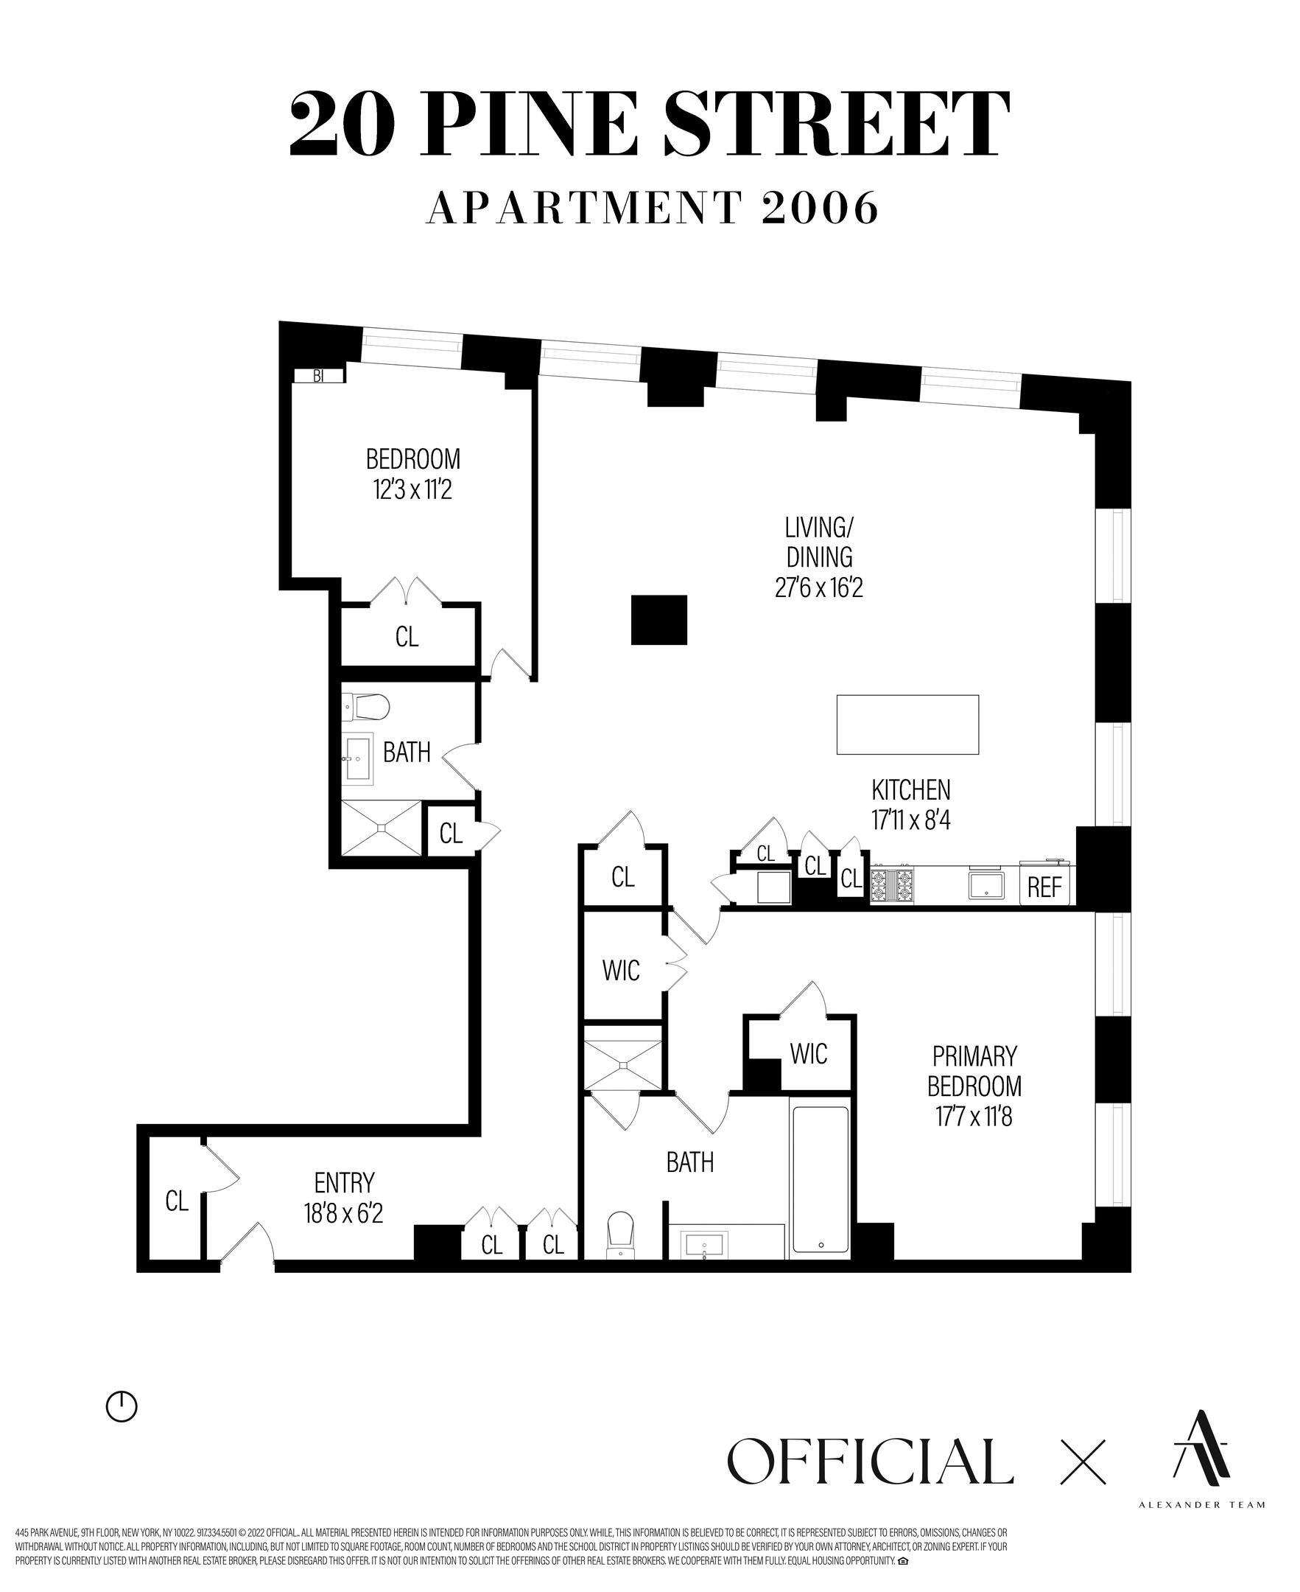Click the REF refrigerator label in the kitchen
coord(1044,887)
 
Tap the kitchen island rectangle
coord(907,725)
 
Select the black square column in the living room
coord(659,620)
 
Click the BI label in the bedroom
coord(318,376)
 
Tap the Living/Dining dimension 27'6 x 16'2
coord(819,588)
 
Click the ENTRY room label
coord(345,1182)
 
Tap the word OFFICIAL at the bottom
coord(870,1461)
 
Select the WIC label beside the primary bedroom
coord(809,1054)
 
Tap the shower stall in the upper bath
coord(382,828)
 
